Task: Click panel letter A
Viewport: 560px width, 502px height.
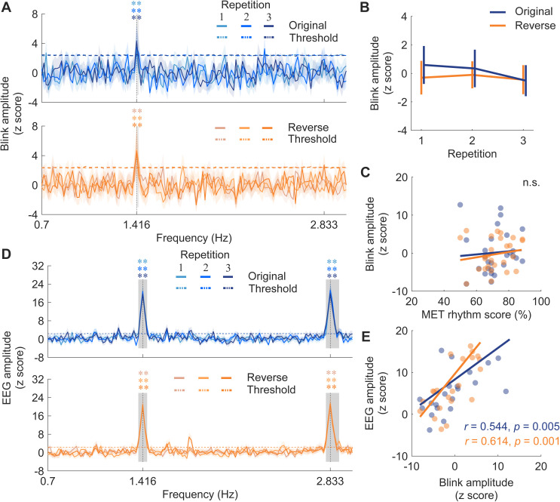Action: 6,7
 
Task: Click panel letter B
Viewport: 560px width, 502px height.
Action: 365,7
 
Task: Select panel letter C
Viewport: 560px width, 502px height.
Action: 365,172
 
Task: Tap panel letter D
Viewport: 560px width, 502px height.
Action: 6,254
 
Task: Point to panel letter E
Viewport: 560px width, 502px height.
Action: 365,337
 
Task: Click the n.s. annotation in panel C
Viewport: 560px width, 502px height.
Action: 531,183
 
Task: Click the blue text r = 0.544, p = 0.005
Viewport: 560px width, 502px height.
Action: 512,427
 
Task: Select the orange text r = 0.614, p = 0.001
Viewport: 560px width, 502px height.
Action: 512,441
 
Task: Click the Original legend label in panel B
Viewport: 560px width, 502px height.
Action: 534,11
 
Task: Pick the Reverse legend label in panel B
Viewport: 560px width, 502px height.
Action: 535,26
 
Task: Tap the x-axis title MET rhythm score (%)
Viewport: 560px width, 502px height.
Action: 476,315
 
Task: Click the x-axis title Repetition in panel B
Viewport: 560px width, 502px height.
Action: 472,154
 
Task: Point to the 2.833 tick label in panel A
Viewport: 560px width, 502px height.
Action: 324,225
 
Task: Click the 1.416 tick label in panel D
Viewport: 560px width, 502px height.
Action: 143,481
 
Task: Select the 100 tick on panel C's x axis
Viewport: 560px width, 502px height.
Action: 541,301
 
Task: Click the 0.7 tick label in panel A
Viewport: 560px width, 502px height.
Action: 41,225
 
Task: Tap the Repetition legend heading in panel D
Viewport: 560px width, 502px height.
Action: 205,254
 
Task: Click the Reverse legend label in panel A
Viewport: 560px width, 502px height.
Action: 308,128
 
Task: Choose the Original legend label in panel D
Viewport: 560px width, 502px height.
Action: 267,276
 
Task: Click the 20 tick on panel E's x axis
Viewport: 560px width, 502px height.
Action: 541,467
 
